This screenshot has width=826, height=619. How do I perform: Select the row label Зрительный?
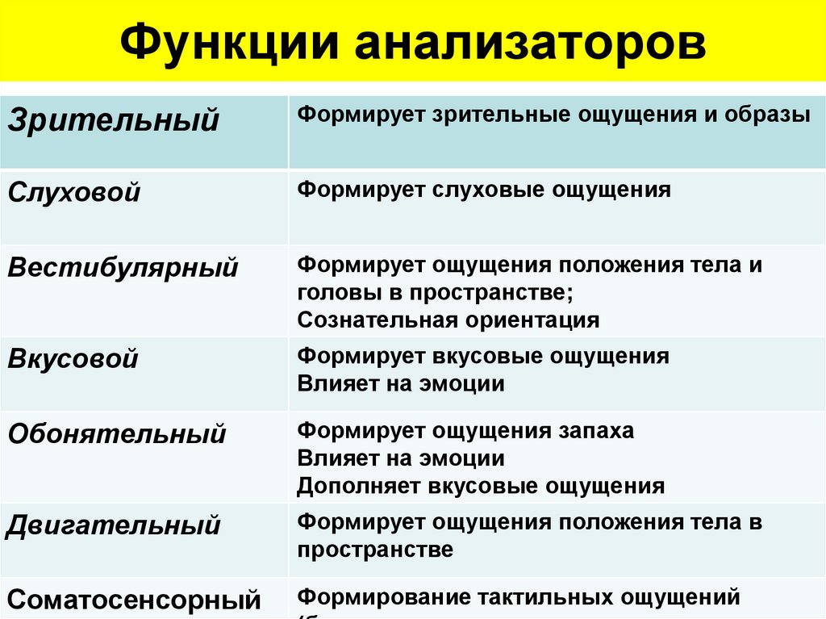click(x=114, y=120)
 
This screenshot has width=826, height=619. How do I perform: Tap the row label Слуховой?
click(x=74, y=193)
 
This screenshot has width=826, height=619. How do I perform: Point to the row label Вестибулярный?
click(x=123, y=267)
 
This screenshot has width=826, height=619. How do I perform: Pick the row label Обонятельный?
click(x=116, y=434)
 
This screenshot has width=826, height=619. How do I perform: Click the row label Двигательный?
click(x=113, y=525)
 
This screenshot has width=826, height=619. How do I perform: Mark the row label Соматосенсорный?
click(x=134, y=600)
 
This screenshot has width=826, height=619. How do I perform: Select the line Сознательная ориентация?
click(x=448, y=320)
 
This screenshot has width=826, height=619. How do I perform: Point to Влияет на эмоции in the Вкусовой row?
click(x=400, y=383)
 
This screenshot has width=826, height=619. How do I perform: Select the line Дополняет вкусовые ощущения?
click(x=481, y=486)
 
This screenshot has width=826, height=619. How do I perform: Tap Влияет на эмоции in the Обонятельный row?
click(x=400, y=458)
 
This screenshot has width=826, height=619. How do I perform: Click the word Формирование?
click(x=376, y=597)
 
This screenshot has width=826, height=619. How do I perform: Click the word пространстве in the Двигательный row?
click(x=374, y=550)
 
